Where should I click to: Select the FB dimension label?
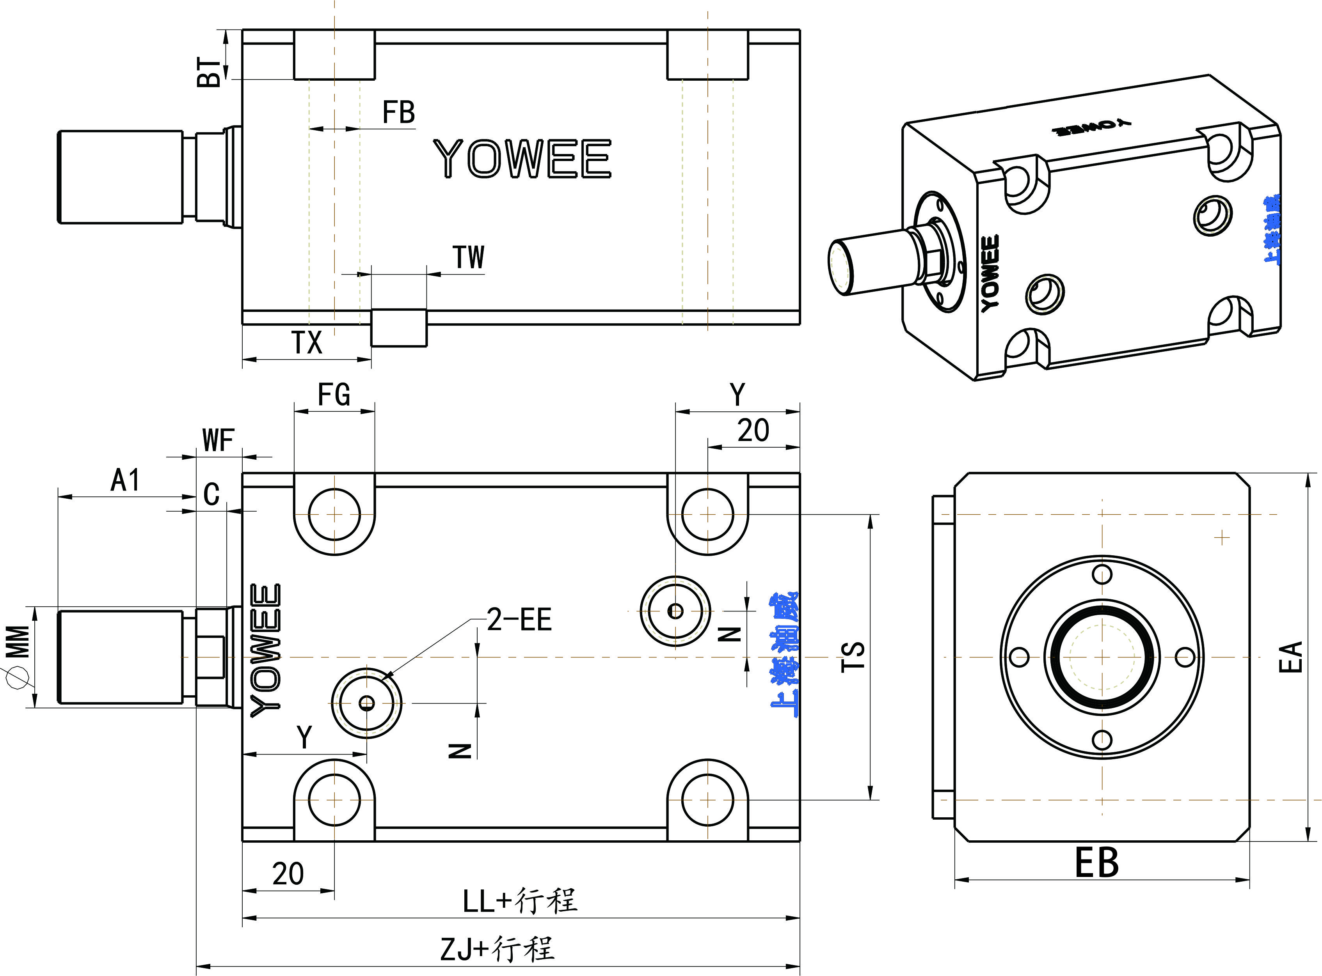pos(398,112)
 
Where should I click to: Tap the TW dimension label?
pos(468,258)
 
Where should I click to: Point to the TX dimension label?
pos(307,343)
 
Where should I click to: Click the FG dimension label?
pos(334,395)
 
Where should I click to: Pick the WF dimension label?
pos(218,441)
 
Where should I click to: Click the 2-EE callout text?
pos(519,620)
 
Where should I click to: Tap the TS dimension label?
pos(853,656)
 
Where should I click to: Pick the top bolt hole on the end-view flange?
pos(1102,574)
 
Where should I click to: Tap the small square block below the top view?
pos(398,328)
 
